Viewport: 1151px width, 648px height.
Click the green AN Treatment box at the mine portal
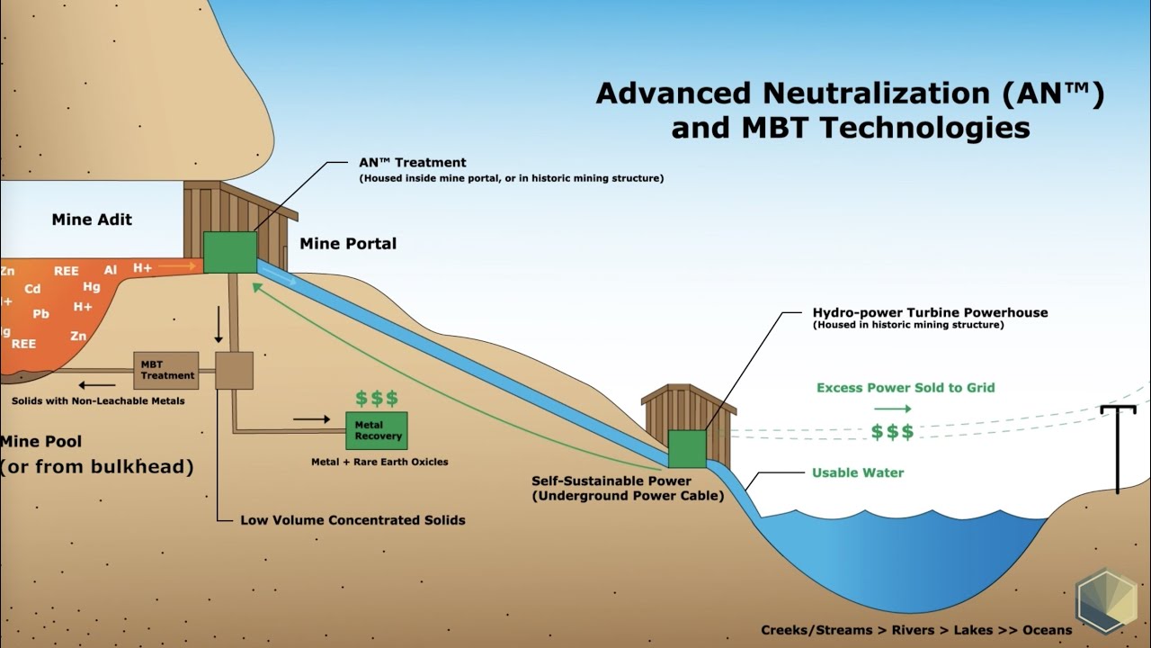[x=230, y=252]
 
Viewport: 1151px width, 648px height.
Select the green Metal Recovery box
[x=376, y=431]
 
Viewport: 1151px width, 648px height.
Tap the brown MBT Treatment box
[x=166, y=370]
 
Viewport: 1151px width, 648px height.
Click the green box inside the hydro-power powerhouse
[x=687, y=448]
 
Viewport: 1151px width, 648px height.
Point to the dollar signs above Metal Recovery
[x=376, y=399]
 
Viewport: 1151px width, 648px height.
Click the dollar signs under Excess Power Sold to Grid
[x=892, y=432]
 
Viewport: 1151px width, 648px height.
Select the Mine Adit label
[x=92, y=220]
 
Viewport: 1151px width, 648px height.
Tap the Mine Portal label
[x=348, y=244]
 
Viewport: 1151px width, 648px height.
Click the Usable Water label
[x=858, y=472]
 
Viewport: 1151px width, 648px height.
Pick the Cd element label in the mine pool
[x=32, y=290]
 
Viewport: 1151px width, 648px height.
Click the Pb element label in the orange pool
[x=40, y=315]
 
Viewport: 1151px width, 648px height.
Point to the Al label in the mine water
[x=111, y=270]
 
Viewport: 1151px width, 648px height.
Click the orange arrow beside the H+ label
[x=176, y=267]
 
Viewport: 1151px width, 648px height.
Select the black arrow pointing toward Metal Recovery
[x=312, y=419]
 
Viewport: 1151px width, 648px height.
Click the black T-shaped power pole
[x=1118, y=445]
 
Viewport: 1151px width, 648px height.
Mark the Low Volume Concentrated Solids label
[x=352, y=520]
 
